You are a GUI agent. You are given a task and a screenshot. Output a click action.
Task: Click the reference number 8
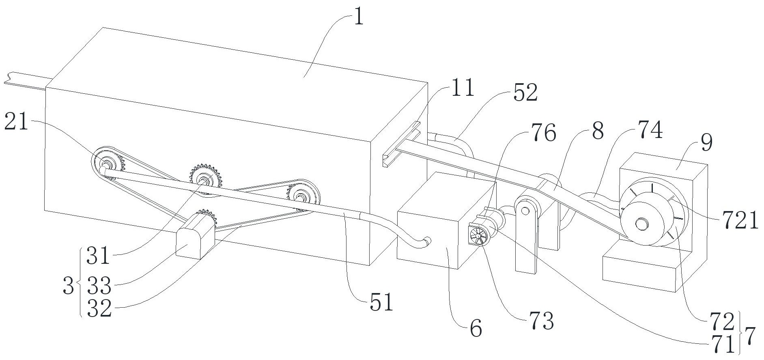tap(598, 131)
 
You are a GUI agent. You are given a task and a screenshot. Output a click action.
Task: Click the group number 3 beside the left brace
tap(69, 287)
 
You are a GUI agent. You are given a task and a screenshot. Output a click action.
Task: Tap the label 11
tap(463, 88)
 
